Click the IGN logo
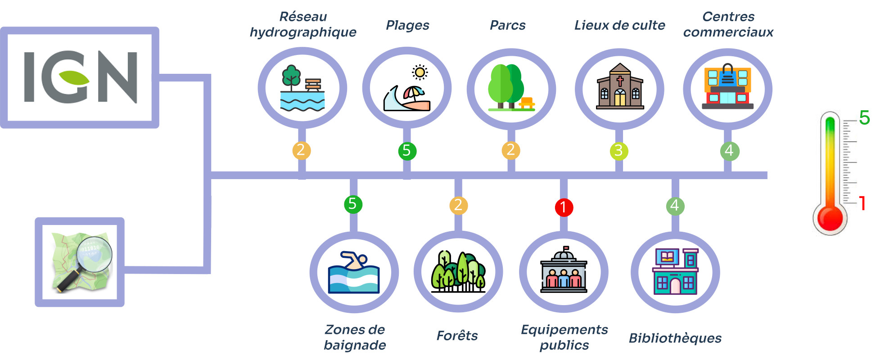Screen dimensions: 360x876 tap(80, 77)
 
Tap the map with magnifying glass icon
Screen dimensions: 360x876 tap(80, 262)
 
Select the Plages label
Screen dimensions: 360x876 tap(407, 25)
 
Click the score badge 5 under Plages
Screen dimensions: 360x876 tap(407, 151)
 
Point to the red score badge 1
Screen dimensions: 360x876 tap(564, 207)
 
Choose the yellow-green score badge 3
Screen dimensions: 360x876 tap(619, 151)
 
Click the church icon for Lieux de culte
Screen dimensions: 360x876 tap(620, 87)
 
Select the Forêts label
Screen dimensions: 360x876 tap(457, 336)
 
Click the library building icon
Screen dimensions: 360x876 tap(675, 271)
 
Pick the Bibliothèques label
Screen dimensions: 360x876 tap(675, 338)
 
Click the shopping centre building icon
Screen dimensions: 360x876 tap(727, 87)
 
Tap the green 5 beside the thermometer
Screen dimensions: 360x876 tap(864, 118)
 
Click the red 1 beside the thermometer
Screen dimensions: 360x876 tap(862, 203)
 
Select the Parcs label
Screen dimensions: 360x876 tap(507, 25)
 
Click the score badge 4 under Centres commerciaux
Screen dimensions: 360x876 tap(729, 151)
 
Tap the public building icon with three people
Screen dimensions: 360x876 tap(564, 270)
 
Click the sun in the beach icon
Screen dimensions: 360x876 tap(420, 72)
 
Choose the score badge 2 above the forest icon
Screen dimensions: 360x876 tap(458, 205)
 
